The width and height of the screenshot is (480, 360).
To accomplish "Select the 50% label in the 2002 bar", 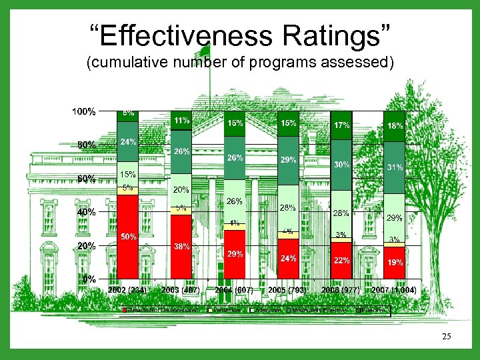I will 128,237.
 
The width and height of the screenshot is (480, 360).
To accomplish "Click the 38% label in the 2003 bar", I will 181,246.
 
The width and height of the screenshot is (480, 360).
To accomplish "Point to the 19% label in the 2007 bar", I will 395,263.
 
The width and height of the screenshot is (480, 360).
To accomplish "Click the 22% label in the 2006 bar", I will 341,261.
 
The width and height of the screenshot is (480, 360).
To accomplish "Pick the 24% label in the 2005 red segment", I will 288,258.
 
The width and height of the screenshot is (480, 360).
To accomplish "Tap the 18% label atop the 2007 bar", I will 395,125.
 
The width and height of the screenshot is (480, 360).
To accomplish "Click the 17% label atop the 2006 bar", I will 341,125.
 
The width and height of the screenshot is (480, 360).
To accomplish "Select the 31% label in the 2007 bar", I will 395,168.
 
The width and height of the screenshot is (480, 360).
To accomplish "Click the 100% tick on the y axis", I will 84,111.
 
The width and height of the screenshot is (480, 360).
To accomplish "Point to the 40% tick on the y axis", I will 87,212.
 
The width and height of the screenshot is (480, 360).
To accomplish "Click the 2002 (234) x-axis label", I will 127,290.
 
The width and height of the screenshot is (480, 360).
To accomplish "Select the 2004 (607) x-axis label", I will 234,290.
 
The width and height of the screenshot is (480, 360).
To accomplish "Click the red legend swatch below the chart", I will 123,310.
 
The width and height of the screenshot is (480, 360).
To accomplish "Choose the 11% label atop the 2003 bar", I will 181,121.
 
